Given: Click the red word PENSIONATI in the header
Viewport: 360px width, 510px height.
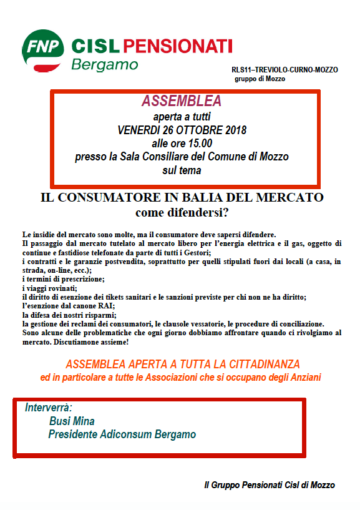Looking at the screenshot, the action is [x=178, y=46].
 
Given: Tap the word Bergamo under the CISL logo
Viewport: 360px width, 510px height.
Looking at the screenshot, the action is [x=104, y=64].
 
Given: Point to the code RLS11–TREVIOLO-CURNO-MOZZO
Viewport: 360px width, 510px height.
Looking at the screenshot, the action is [x=285, y=70].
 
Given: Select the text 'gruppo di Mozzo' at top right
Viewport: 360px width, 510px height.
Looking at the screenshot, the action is [x=260, y=79].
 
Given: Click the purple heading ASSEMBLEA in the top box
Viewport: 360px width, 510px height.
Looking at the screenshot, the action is [x=182, y=101].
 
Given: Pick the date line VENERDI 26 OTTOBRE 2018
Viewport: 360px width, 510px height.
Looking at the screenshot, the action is [x=182, y=130].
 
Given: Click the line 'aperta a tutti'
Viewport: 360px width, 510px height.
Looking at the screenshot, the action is [x=182, y=117].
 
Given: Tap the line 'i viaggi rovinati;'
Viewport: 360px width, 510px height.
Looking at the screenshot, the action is [x=48, y=288].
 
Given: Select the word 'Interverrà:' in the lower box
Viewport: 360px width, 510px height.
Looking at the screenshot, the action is [x=49, y=408].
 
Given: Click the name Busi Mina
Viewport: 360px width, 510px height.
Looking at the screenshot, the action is [x=72, y=421].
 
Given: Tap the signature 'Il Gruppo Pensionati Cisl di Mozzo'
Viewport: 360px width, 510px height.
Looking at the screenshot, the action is [x=270, y=485].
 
